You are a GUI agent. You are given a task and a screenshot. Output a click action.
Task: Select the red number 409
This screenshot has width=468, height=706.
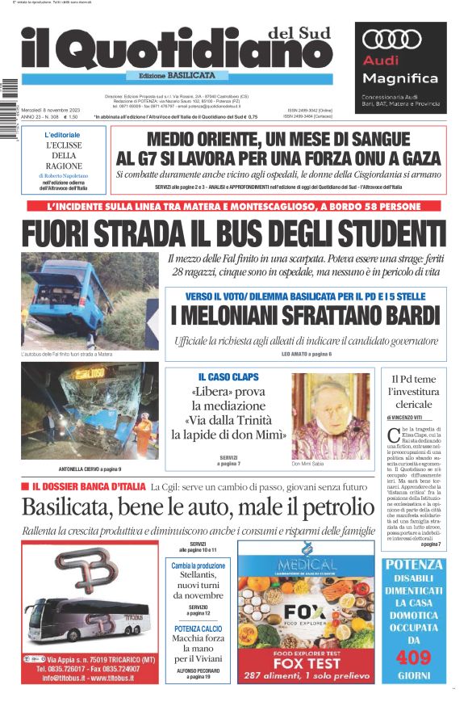[x=414, y=657]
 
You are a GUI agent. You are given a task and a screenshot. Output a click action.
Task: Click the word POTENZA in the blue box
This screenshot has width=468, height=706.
[x=414, y=564]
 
